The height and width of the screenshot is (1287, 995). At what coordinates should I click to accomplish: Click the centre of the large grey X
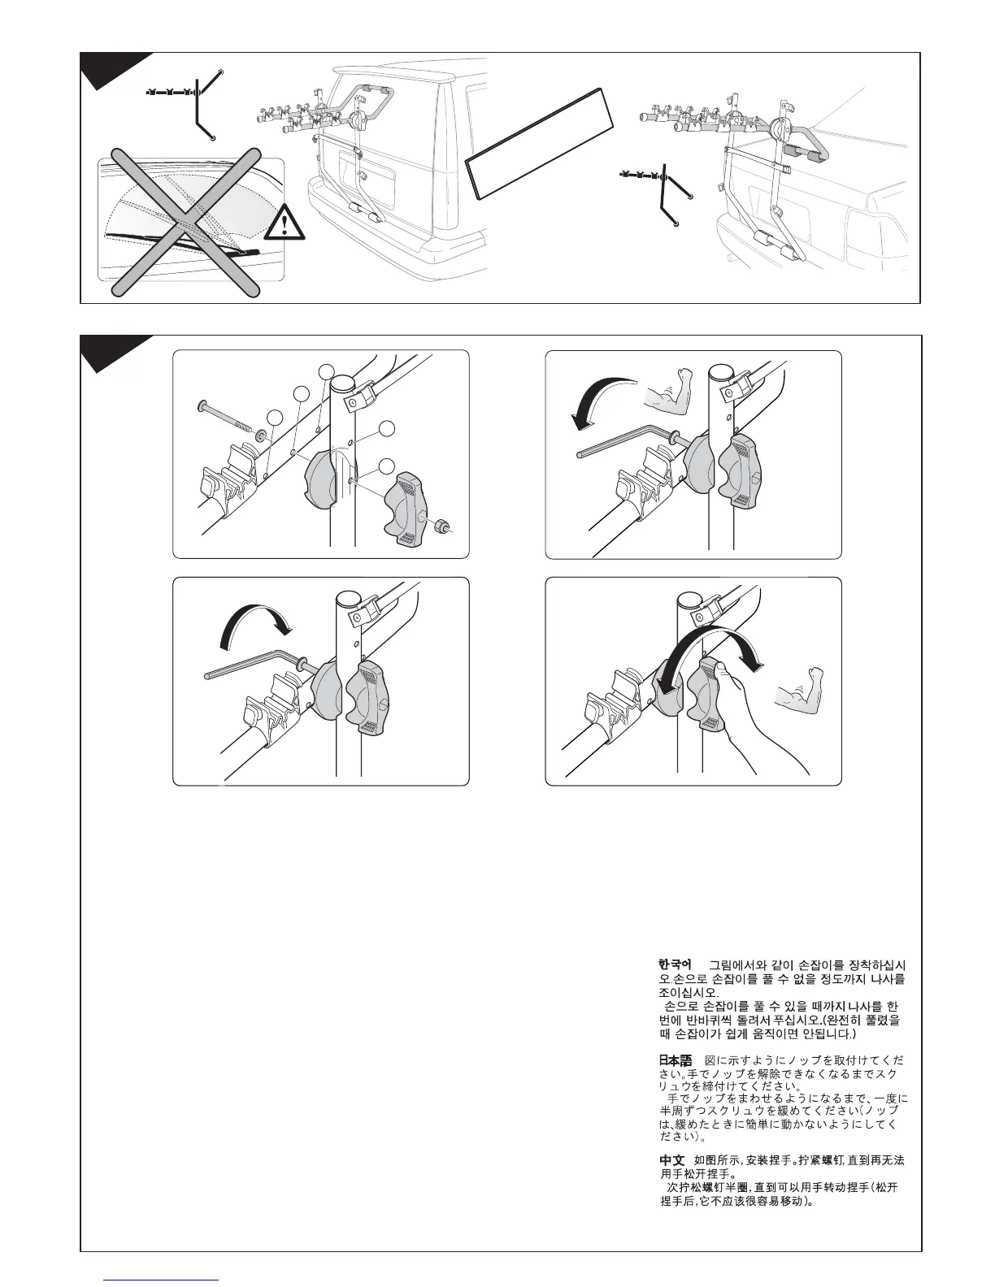click(185, 219)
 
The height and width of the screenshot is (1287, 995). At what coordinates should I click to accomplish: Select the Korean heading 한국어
click(674, 964)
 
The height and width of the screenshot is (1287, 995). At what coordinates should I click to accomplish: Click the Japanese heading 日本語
click(674, 1059)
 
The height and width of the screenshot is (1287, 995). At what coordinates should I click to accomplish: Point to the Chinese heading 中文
click(672, 1159)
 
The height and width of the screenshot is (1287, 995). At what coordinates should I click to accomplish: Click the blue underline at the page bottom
click(162, 1280)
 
